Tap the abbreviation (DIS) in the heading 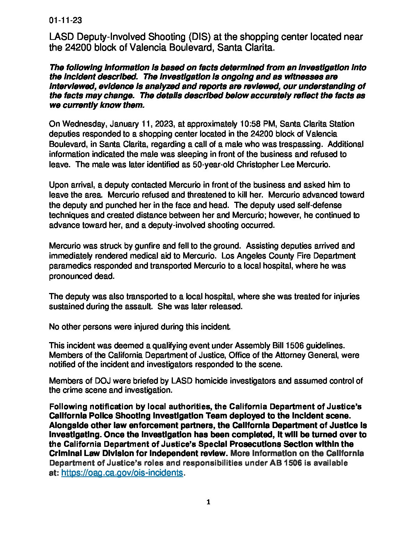coord(198,37)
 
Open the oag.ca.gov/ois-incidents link coord(122,472)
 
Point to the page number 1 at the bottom coord(208,502)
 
